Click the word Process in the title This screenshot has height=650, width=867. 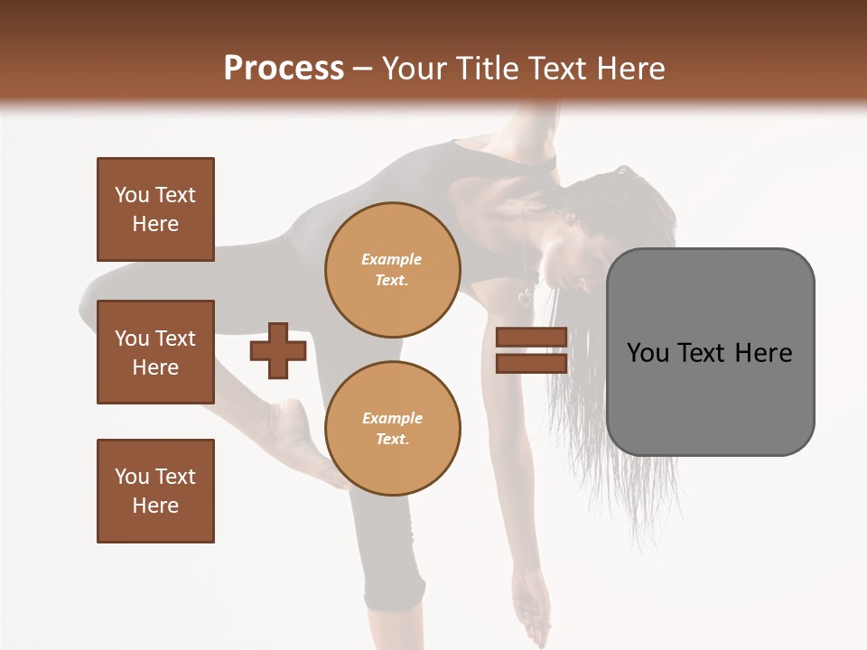tap(284, 68)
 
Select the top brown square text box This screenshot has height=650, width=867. tap(155, 209)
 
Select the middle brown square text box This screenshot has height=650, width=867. tap(155, 352)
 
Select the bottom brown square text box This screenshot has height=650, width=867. tap(155, 491)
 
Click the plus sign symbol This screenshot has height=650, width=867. tap(278, 350)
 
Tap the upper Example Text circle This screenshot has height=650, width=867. tap(393, 269)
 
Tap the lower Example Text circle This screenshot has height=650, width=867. tap(393, 428)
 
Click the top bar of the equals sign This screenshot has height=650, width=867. tap(531, 337)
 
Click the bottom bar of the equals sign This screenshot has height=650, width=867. tap(531, 363)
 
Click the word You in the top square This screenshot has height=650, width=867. tap(132, 195)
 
